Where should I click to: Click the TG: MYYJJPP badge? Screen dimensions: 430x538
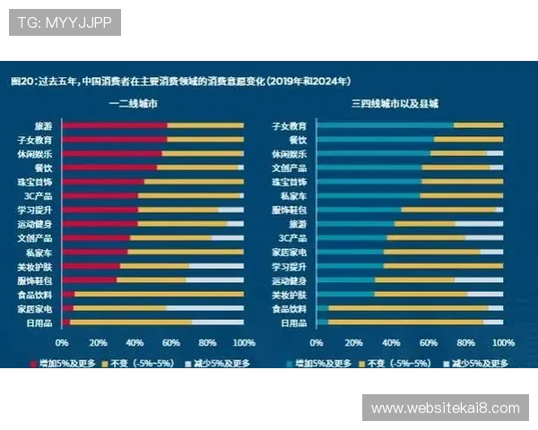[65, 21]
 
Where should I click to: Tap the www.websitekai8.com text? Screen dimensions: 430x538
[445, 408]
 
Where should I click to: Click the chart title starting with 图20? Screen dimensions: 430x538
[179, 81]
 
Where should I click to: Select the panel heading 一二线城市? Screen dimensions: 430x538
[137, 105]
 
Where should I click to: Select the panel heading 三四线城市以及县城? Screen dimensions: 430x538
[395, 105]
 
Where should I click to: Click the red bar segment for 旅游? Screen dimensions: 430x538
[114, 125]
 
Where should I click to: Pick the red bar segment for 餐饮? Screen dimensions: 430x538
[108, 168]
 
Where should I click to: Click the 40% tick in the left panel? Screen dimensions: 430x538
[134, 342]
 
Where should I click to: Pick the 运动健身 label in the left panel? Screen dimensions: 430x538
[35, 224]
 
